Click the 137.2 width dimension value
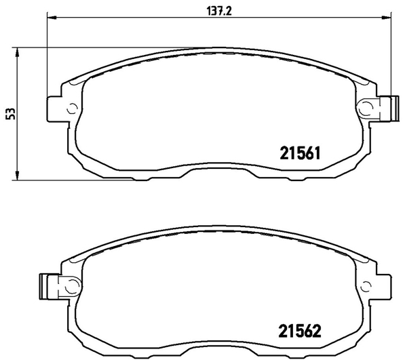219,11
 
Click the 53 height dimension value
10,114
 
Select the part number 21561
300,153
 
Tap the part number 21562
300,331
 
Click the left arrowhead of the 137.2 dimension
51,18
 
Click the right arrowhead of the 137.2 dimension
386,18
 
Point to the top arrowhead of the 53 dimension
17,52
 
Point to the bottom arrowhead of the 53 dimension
17,175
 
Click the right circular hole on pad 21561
366,108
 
